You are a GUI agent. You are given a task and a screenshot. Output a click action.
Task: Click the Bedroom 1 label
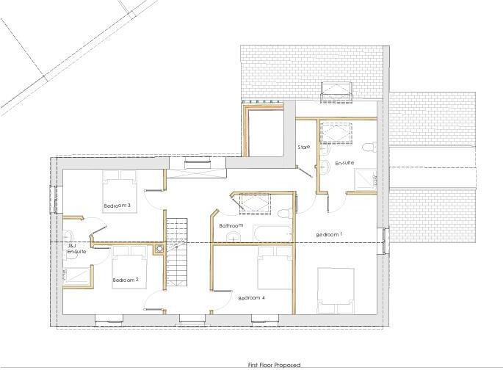point(329,234)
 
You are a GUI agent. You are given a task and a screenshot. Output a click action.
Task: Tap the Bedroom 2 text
point(126,280)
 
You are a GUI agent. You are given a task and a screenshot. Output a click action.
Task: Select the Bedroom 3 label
point(117,206)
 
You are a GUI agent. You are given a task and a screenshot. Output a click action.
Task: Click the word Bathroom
point(231,225)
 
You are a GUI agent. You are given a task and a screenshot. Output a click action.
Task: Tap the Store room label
point(303,147)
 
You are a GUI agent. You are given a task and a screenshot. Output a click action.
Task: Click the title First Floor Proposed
point(275,364)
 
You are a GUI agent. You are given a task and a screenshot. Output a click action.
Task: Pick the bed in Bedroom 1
point(336,289)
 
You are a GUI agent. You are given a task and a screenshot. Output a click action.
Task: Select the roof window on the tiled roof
point(338,92)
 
